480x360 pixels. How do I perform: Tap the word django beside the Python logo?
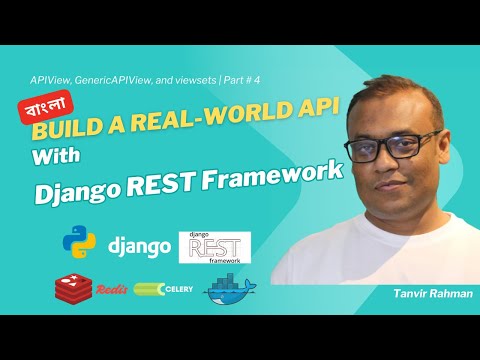(134, 245)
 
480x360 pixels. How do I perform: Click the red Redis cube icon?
(69, 287)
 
